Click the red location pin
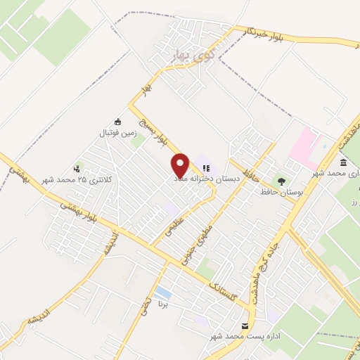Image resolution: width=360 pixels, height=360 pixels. (x=181, y=165)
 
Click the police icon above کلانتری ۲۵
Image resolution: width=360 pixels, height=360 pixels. (x=77, y=169)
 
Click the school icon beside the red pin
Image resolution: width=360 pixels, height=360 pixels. (x=206, y=168)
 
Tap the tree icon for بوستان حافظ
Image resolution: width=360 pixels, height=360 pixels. (x=282, y=181)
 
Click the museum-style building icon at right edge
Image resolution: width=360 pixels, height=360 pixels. (x=342, y=162)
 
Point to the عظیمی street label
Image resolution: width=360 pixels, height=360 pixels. (x=174, y=226)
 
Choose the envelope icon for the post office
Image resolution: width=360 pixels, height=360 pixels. (x=245, y=326)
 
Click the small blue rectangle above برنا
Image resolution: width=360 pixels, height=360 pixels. (x=162, y=292)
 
